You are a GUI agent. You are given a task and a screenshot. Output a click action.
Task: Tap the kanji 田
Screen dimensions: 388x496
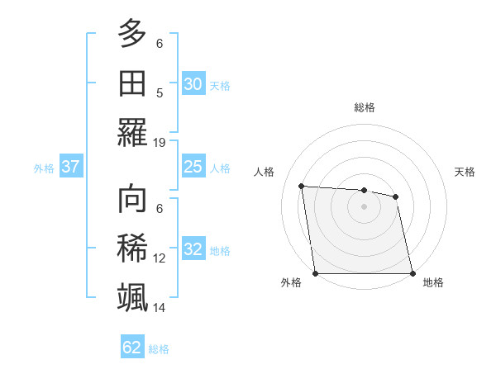pyautogui.click(x=132, y=83)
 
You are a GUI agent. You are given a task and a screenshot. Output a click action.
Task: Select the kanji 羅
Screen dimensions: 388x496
pyautogui.click(x=132, y=132)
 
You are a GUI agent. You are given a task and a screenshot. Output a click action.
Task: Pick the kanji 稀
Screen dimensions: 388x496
pyautogui.click(x=132, y=248)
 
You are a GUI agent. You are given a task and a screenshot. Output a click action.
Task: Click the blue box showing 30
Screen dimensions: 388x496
pyautogui.click(x=193, y=84)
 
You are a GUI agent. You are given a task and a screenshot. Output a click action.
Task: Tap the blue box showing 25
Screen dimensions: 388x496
pyautogui.click(x=193, y=167)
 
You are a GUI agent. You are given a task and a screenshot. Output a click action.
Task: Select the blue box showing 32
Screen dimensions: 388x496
pyautogui.click(x=193, y=250)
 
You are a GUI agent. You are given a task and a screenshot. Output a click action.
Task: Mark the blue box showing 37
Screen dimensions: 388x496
pyautogui.click(x=70, y=167)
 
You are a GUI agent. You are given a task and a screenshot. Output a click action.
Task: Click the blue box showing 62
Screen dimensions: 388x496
pyautogui.click(x=132, y=348)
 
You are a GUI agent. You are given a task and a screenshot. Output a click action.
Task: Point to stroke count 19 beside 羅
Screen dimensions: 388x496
pyautogui.click(x=160, y=142)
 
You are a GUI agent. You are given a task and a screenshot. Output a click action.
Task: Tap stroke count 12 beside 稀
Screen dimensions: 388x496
pyautogui.click(x=160, y=258)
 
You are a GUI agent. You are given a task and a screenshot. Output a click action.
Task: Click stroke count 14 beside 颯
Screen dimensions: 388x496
pyautogui.click(x=160, y=307)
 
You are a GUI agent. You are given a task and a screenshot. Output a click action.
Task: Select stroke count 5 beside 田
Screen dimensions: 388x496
pyautogui.click(x=160, y=92)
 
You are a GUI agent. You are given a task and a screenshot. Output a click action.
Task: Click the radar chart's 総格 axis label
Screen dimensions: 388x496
pyautogui.click(x=365, y=107)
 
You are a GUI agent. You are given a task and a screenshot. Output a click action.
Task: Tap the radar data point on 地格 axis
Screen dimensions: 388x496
pyautogui.click(x=413, y=273)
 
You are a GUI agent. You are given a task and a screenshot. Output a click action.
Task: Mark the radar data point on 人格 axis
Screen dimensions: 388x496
pyautogui.click(x=302, y=186)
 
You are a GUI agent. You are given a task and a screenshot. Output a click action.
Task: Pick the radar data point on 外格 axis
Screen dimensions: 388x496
pyautogui.click(x=315, y=273)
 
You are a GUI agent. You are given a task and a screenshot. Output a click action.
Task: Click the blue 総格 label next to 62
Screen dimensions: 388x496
pyautogui.click(x=159, y=349)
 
